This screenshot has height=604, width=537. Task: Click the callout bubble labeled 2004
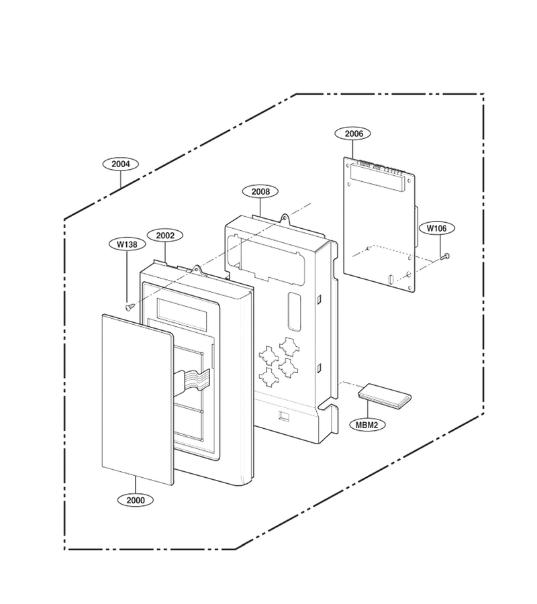pos(121,164)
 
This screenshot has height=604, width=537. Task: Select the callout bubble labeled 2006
pos(353,134)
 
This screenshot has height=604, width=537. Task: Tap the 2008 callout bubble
pos(260,191)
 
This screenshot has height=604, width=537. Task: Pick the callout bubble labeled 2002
pos(165,236)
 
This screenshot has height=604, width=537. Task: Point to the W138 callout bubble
pos(127,244)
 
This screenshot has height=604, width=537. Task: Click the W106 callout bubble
pos(436,228)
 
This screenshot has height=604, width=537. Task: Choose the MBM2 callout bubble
pos(367,425)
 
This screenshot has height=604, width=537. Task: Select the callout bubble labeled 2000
pos(136,500)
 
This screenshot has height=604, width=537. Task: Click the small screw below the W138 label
pos(130,307)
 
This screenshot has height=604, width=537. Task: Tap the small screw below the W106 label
pos(444,256)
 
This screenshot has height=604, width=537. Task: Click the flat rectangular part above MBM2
pos(385,395)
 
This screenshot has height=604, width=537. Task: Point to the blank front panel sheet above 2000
pos(138,399)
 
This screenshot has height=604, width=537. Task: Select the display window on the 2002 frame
pos(182,312)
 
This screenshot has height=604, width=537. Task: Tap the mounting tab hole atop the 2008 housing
pos(285,218)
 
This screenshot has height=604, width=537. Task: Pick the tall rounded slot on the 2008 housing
pos(295,312)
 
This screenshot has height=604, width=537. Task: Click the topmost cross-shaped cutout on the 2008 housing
pos(288,347)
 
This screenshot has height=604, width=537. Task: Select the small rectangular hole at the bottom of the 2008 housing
pos(285,416)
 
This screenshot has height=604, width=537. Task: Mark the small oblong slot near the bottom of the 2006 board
pos(390,279)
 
